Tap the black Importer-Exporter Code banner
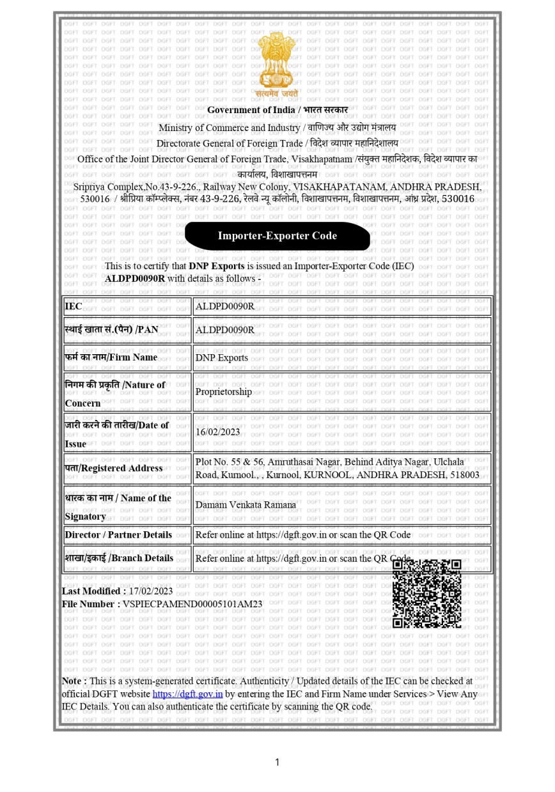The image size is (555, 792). click(x=277, y=236)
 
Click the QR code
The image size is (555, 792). click(x=426, y=594)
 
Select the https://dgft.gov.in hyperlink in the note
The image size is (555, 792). click(x=187, y=694)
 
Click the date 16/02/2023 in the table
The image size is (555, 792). click(x=217, y=431)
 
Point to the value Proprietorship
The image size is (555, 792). click(x=224, y=392)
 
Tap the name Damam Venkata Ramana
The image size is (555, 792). click(x=246, y=504)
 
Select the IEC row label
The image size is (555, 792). click(x=74, y=306)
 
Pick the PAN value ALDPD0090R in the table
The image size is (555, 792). click(x=224, y=330)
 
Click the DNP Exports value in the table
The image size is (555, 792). click(x=221, y=357)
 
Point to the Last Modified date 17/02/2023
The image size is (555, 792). click(x=151, y=591)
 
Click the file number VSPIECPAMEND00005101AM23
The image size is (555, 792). click(x=192, y=603)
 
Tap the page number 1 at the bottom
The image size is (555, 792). click(x=277, y=762)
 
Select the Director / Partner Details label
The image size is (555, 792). click(x=118, y=534)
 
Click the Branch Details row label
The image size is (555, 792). click(x=119, y=558)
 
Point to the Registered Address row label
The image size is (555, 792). click(x=113, y=468)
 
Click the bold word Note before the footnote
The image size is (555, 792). click(x=73, y=681)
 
